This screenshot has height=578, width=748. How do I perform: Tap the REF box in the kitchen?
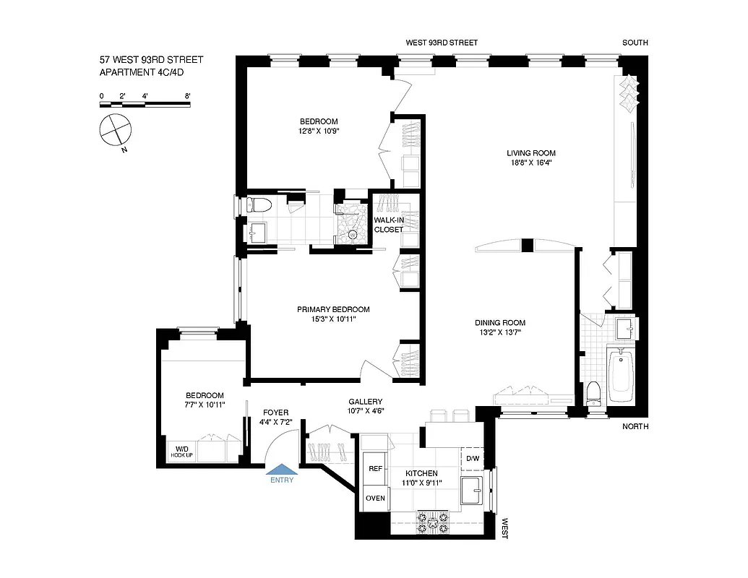point(375,469)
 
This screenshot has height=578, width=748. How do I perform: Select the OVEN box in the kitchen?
point(375,498)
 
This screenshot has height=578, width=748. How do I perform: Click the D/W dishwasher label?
point(472,459)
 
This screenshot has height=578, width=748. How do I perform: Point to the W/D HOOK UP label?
point(181,454)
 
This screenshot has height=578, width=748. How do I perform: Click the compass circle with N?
point(116,131)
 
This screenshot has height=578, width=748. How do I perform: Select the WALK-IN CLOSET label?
point(389,225)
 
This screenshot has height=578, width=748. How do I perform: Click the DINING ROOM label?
point(500,323)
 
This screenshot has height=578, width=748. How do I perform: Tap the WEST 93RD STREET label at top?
point(442,43)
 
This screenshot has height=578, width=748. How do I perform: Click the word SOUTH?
point(635,43)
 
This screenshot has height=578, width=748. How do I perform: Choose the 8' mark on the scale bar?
point(187,95)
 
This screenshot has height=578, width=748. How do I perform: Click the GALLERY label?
point(365,402)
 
